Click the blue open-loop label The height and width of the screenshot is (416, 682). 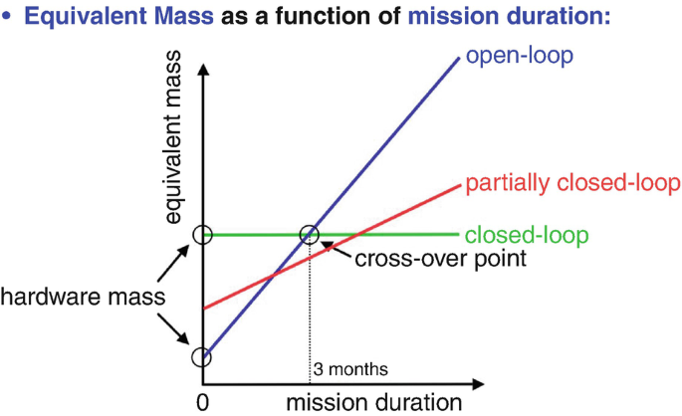(520, 55)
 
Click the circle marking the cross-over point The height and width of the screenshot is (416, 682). (310, 235)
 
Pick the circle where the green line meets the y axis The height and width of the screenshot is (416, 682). (202, 235)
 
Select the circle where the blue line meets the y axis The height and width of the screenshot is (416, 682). (202, 356)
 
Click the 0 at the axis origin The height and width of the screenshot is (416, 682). (202, 402)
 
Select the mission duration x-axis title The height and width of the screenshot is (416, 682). (374, 402)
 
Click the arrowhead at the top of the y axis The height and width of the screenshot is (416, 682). (202, 70)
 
